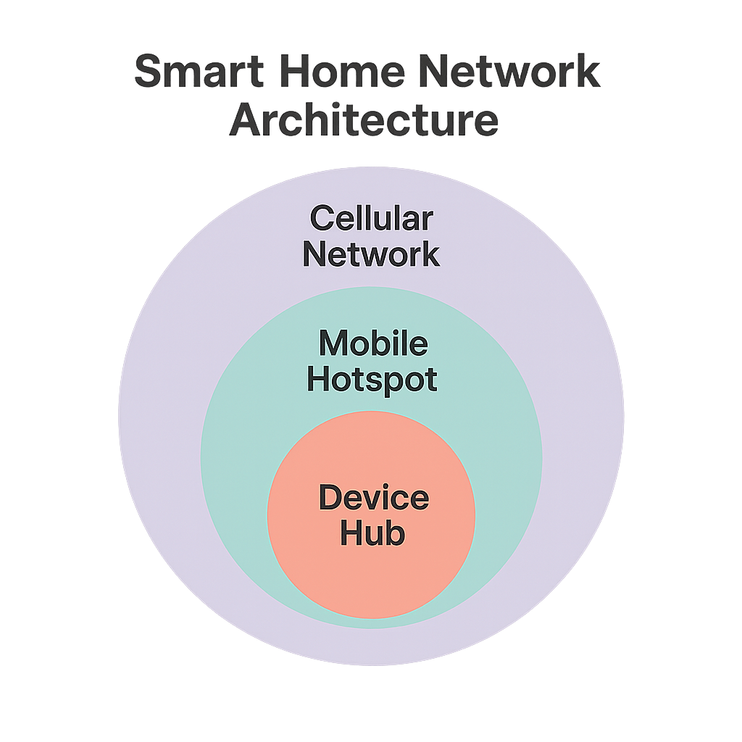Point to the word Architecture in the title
(x=364, y=121)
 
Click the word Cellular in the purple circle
(x=371, y=217)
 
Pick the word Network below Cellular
(x=371, y=254)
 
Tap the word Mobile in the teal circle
(x=373, y=343)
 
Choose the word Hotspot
(x=372, y=380)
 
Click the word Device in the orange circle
(x=373, y=498)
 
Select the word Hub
(x=372, y=533)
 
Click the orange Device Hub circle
(x=371, y=572)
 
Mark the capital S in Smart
(x=149, y=73)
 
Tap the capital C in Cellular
(x=322, y=217)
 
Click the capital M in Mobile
(x=335, y=343)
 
